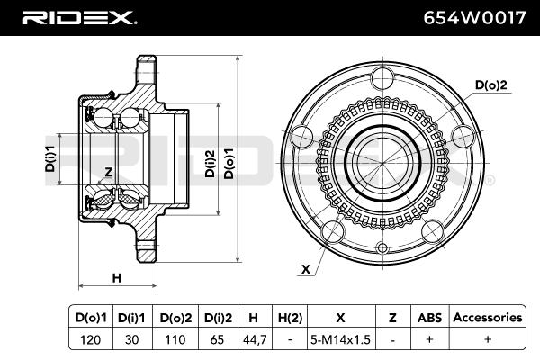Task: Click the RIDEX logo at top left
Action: [x=78, y=17]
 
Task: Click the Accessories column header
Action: [x=487, y=317]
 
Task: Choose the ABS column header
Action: [x=429, y=317]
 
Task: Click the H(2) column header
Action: [x=290, y=317]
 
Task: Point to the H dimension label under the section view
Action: [x=116, y=278]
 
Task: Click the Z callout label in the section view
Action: [x=107, y=171]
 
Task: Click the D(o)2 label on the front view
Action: [x=491, y=85]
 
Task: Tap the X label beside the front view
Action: [x=306, y=268]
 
